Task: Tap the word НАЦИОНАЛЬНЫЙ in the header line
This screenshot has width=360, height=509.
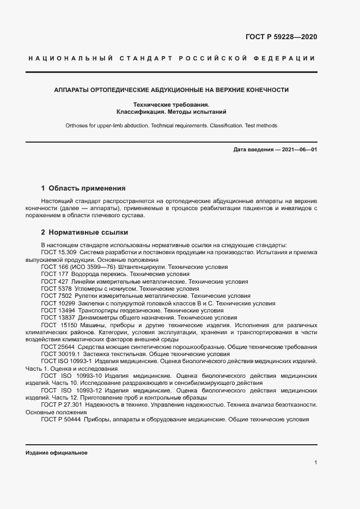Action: [x=69, y=58]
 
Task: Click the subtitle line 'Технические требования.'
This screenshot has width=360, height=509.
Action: [x=171, y=105]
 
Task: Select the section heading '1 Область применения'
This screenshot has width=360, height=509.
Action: [x=83, y=188]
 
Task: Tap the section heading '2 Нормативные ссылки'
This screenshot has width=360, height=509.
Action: [x=84, y=232]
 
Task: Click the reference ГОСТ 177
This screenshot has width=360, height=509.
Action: [x=54, y=274]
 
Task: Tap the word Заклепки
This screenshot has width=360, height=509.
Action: [x=90, y=303]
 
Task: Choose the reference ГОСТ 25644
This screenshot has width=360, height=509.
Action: [x=57, y=347]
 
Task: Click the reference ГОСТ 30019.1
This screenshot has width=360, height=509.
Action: [x=60, y=354]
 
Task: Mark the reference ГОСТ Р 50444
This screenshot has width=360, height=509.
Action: [x=60, y=420]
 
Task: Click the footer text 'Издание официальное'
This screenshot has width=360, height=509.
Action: [x=57, y=453]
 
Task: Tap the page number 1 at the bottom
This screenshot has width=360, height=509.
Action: [x=316, y=462]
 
